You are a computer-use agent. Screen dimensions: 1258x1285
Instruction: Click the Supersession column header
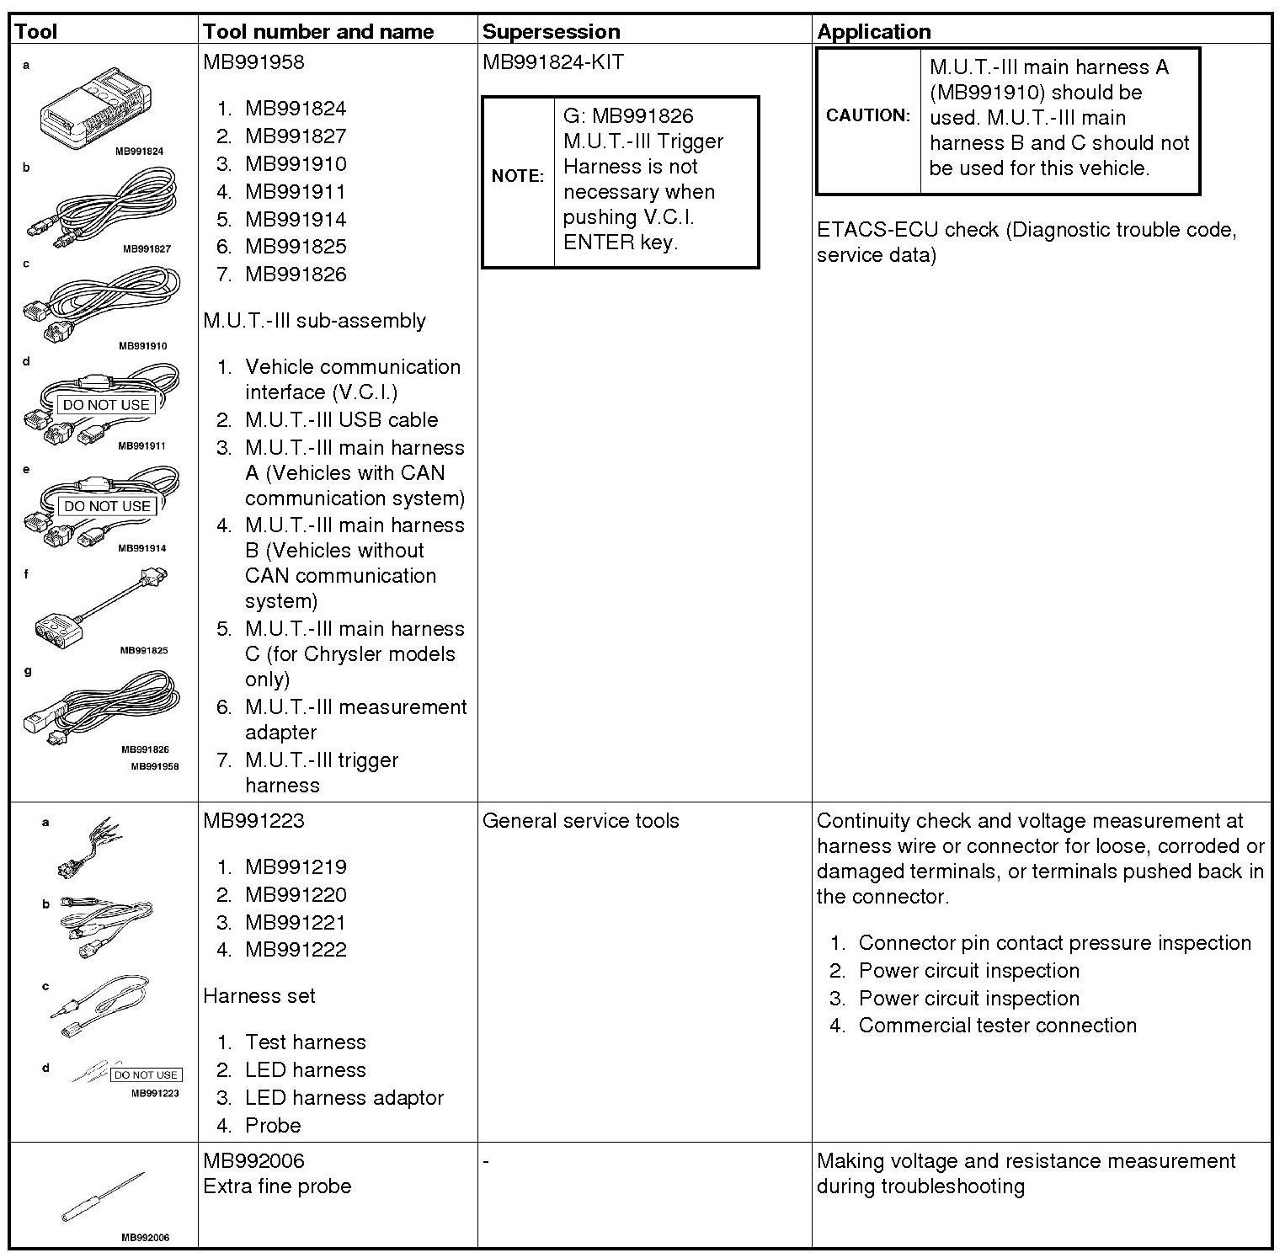point(551,32)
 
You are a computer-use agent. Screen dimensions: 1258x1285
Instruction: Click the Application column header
point(874,32)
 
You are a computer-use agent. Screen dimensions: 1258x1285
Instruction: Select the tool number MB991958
point(253,62)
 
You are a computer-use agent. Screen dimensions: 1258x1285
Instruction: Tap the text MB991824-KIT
point(553,62)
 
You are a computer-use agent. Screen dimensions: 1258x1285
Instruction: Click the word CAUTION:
point(868,115)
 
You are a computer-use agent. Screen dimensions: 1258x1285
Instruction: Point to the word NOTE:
point(518,176)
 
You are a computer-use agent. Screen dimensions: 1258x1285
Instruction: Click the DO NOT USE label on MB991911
point(106,405)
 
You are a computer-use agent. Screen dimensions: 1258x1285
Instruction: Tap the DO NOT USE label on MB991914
point(107,506)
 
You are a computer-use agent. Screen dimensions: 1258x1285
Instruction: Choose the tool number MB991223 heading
point(253,821)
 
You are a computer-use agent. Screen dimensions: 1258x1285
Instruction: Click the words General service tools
point(580,821)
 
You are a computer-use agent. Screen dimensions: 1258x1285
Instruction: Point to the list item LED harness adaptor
point(344,1098)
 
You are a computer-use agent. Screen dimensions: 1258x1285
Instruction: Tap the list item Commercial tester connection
point(997,1026)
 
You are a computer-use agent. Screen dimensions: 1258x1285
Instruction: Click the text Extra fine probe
point(277,1186)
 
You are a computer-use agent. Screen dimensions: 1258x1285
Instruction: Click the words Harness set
point(259,996)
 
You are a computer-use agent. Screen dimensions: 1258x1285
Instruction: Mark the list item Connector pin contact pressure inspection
point(1054,943)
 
